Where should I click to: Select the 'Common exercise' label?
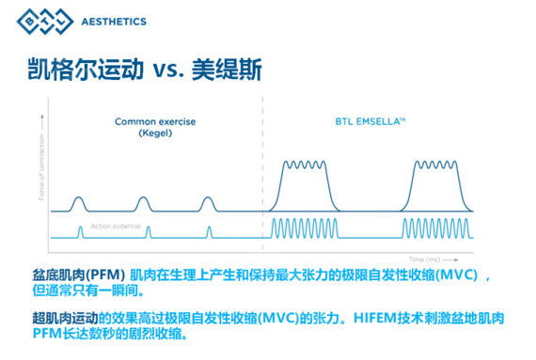(143, 121)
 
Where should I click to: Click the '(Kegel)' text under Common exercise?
(143, 134)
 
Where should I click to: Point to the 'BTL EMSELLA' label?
(370, 121)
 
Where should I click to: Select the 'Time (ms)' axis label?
(430, 256)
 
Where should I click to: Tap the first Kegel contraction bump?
(79, 202)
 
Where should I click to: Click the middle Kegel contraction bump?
(143, 202)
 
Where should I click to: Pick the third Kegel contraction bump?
(208, 202)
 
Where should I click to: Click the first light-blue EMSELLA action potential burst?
(303, 228)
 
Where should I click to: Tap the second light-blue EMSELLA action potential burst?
(438, 228)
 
